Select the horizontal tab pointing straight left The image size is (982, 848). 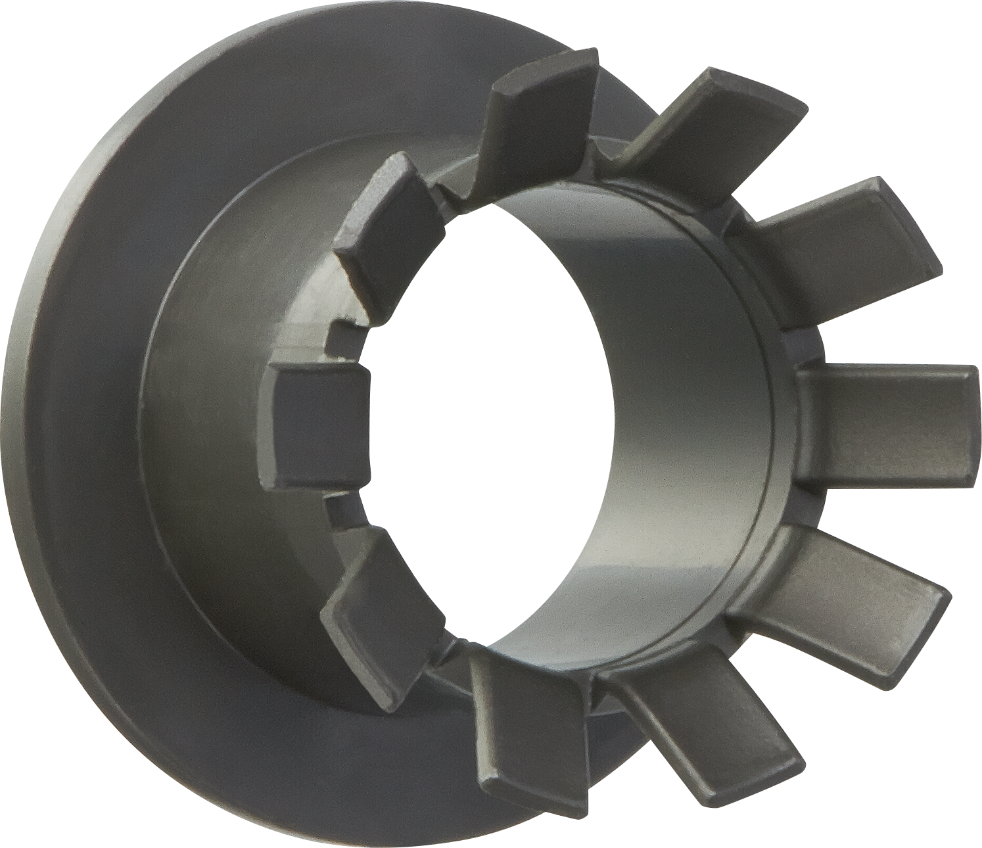click(316, 424)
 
